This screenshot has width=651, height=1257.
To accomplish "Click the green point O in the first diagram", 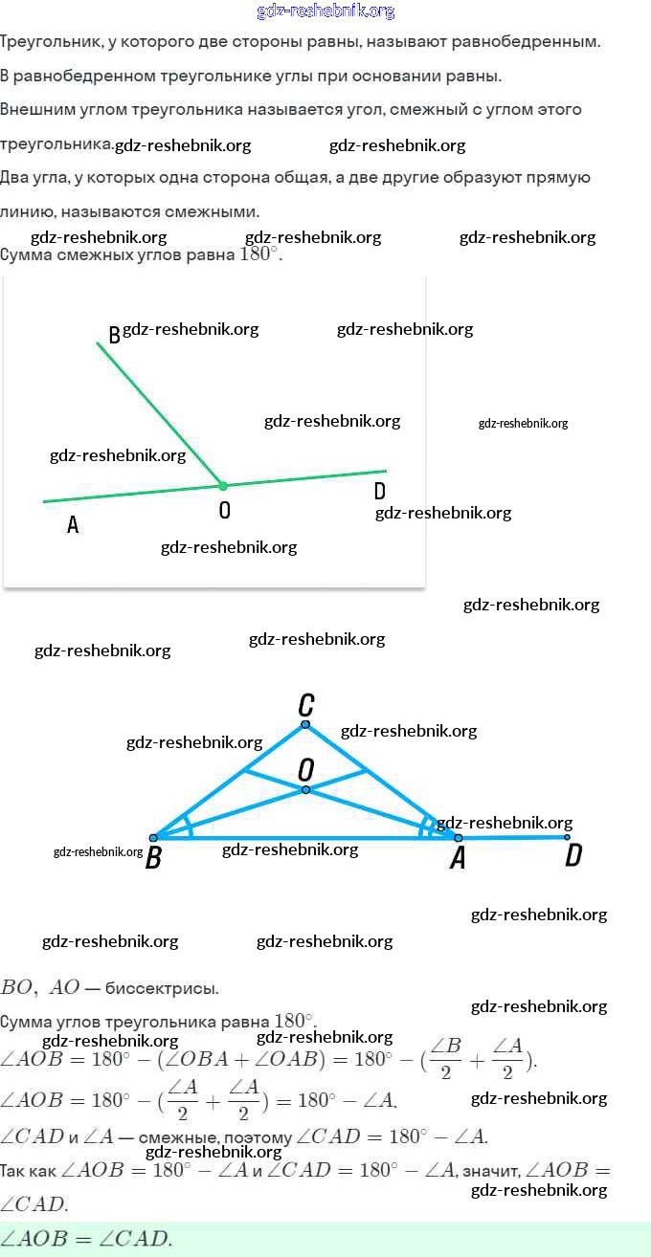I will tap(223, 486).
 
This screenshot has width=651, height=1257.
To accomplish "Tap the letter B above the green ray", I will tap(114, 335).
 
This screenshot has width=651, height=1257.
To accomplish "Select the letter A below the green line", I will tap(73, 524).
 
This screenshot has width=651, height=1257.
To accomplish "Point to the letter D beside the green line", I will tap(380, 491).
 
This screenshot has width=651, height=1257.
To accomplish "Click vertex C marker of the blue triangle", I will tap(305, 724).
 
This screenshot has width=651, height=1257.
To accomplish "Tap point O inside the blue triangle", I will tap(305, 790).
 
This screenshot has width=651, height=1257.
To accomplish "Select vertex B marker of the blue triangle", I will tap(153, 838).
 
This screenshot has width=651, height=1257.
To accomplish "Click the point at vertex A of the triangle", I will tap(458, 838).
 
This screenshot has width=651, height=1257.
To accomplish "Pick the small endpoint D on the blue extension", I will tap(567, 837).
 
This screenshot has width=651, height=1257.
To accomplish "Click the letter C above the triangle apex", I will tap(305, 706).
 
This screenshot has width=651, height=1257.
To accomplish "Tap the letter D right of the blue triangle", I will tap(572, 855).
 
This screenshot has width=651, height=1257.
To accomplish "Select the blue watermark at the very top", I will tap(325, 11).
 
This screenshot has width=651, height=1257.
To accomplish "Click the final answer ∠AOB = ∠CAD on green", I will tap(86, 1239).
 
